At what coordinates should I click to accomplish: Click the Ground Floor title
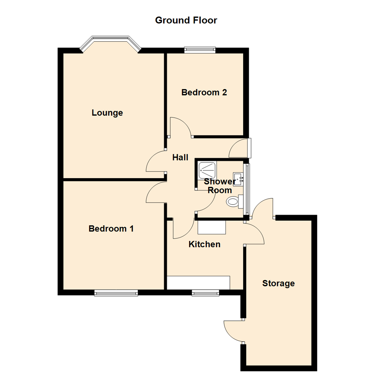[186, 20]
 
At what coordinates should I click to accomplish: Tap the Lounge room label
[107, 113]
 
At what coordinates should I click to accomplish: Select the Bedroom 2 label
[204, 92]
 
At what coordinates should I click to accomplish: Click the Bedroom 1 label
[111, 229]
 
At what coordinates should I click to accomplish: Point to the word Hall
[180, 158]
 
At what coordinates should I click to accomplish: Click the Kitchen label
[204, 244]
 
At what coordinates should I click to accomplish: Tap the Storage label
[278, 283]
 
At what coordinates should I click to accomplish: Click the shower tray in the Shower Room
[208, 170]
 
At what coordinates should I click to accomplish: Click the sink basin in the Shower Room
[239, 179]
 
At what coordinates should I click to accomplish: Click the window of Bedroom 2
[200, 50]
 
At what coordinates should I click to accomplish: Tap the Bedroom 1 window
[116, 293]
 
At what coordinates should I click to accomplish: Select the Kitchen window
[206, 293]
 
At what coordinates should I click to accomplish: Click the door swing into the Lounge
[155, 162]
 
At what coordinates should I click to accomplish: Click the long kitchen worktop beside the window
[198, 283]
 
